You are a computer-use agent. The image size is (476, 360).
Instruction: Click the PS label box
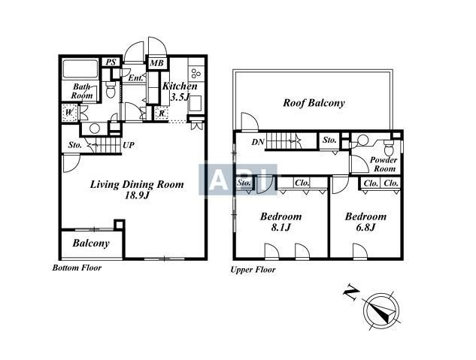(x=111, y=62)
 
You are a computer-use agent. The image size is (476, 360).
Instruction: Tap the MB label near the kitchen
(x=157, y=63)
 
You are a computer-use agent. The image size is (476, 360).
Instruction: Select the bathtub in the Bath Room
(x=80, y=69)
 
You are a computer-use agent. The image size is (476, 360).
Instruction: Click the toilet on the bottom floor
(x=111, y=89)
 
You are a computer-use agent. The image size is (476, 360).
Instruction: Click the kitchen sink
(x=196, y=104)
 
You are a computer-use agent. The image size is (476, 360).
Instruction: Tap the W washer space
(x=69, y=113)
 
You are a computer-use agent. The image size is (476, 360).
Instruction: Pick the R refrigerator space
(x=162, y=113)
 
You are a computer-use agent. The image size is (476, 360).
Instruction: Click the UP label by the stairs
(x=129, y=145)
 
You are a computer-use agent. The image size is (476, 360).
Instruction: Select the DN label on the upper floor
(x=258, y=141)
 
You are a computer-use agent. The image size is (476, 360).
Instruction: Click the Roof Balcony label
(x=314, y=103)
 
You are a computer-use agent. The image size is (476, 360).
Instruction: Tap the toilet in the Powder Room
(x=388, y=147)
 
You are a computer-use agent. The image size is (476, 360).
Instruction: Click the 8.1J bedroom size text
(x=281, y=227)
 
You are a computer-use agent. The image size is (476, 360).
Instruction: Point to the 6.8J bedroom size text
(x=365, y=227)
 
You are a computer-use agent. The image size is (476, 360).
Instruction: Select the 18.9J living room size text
(x=137, y=195)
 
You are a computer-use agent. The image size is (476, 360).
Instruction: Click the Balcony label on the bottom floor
(x=91, y=243)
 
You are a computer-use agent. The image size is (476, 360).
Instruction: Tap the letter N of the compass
(x=351, y=292)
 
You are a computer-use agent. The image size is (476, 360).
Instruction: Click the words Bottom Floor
(x=77, y=268)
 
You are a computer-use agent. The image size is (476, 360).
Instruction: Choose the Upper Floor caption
(x=253, y=270)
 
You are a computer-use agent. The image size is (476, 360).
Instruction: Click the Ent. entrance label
(x=135, y=78)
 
